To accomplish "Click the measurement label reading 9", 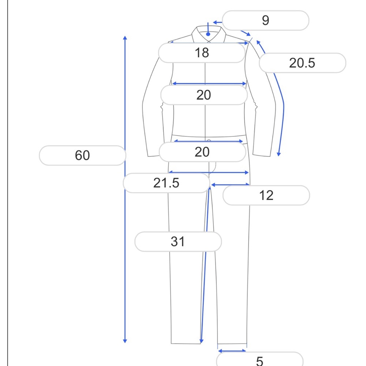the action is point(265,20).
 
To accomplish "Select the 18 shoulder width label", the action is point(202,53).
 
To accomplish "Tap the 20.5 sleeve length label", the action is point(302,63).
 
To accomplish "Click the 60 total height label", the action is point(82,156).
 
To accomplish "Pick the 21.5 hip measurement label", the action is point(167,183).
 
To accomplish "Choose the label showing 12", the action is point(266,195).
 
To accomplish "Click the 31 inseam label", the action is point(178,242).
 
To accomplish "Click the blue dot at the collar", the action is point(208,34).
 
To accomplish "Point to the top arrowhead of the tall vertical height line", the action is point(125,38).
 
